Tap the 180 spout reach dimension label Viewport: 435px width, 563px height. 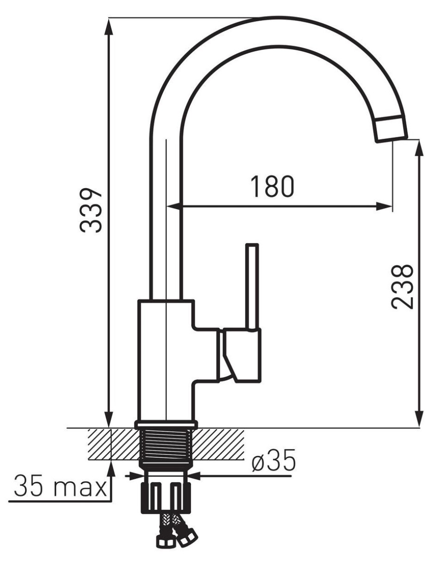[272, 186]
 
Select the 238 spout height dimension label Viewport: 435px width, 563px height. [402, 287]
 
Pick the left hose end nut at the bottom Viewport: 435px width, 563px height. [163, 542]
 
